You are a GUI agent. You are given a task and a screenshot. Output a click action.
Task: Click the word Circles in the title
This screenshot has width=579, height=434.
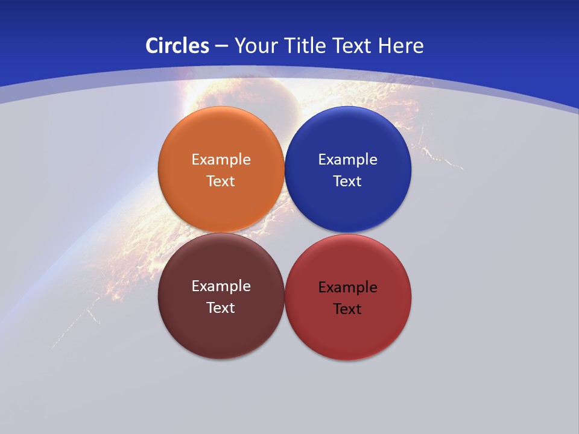click(x=177, y=45)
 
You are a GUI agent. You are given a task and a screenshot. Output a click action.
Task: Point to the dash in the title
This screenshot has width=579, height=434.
click(x=221, y=46)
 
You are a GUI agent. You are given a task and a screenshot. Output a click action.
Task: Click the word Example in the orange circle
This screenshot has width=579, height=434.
click(x=221, y=159)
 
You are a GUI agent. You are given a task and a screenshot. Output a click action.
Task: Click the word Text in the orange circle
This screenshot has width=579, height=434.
click(x=221, y=181)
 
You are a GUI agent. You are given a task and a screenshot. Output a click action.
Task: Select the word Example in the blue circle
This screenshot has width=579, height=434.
click(x=348, y=159)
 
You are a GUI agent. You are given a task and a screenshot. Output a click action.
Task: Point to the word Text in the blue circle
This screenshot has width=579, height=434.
click(x=347, y=181)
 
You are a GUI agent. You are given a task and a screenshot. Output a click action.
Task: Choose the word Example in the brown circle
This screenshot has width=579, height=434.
click(x=221, y=286)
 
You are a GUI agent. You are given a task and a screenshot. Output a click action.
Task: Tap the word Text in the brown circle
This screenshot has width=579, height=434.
click(x=221, y=307)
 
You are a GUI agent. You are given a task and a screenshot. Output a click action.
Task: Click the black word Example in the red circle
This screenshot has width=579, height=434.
click(x=348, y=287)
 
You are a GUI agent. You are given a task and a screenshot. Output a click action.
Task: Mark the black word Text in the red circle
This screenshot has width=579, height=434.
click(x=347, y=309)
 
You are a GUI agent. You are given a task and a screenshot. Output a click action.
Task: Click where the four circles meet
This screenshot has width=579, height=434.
click(x=285, y=233)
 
